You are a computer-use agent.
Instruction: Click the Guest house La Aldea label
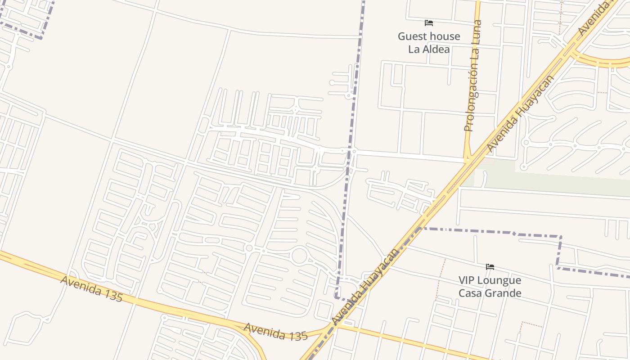click(x=429, y=42)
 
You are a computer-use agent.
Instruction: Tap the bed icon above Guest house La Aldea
click(x=429, y=22)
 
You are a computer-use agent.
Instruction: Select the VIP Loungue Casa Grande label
click(x=490, y=287)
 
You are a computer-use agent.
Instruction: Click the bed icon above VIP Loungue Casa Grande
click(x=490, y=267)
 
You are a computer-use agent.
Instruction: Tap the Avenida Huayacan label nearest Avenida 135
click(x=365, y=286)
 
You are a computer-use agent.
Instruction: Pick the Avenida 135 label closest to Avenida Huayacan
click(x=275, y=332)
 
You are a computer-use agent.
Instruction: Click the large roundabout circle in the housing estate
click(x=299, y=256)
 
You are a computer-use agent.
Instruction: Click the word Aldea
click(x=436, y=49)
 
